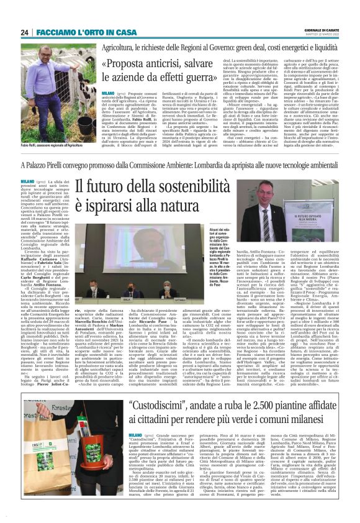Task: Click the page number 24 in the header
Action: pos(24,32)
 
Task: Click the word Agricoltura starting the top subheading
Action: pos(122,46)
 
